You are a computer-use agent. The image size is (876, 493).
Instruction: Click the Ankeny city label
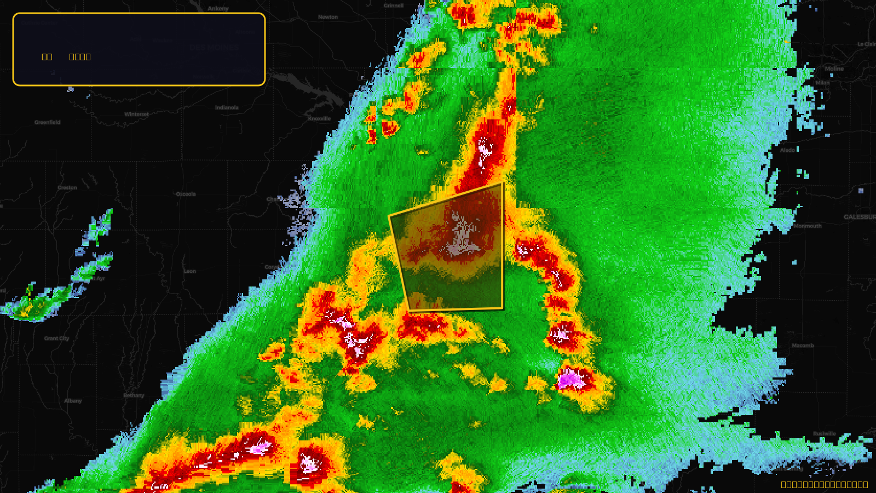218,9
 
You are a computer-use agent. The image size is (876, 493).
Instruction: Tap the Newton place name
328,17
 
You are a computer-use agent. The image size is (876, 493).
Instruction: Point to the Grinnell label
394,5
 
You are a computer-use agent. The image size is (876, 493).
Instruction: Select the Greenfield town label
48,122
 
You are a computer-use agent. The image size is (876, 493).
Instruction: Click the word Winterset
136,114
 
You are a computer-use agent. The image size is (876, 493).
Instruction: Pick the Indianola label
227,107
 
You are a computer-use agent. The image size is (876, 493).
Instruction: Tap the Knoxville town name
319,118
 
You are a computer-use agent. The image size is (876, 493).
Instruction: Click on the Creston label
67,187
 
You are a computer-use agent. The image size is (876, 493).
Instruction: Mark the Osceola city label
186,194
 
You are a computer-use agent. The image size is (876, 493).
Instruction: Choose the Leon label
190,271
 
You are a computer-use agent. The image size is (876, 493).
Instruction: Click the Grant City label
57,339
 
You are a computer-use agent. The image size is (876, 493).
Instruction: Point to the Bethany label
134,395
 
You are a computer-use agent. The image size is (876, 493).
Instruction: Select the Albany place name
73,401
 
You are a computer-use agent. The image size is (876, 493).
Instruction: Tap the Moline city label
834,69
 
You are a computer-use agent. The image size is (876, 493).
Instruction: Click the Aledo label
787,150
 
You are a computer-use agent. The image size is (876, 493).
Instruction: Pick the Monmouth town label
808,226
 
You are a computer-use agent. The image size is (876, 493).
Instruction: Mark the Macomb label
803,346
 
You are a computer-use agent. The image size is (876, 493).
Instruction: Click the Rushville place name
824,434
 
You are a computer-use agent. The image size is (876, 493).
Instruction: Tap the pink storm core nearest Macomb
571,379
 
